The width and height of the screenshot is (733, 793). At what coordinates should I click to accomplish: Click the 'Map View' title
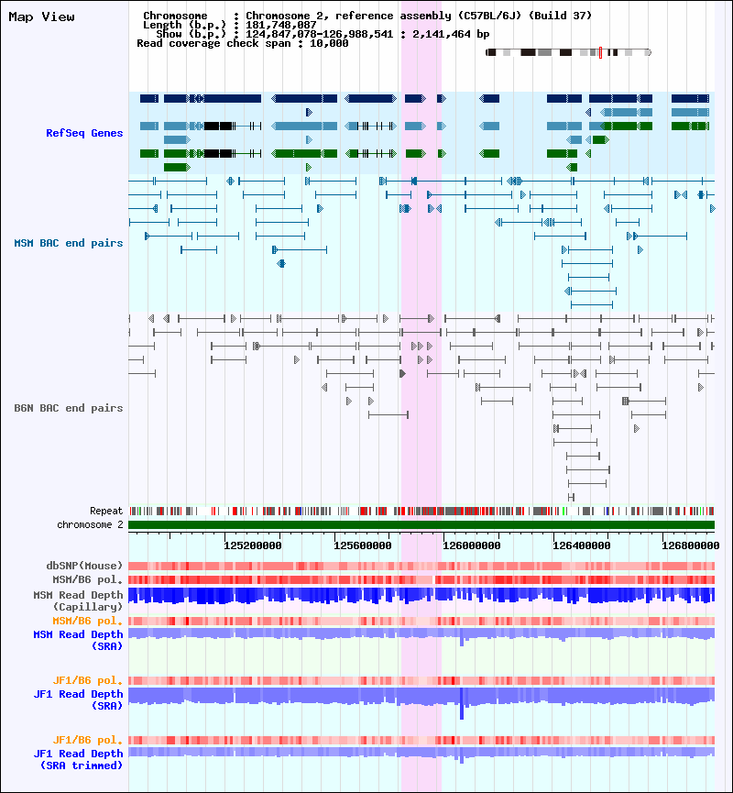click(42, 17)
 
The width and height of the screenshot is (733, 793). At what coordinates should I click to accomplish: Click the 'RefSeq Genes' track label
click(84, 133)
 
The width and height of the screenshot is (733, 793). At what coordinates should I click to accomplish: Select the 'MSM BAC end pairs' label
click(69, 243)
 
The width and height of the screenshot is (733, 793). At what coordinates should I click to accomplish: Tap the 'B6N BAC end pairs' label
click(69, 408)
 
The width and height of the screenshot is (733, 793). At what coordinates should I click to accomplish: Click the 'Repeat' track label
click(106, 511)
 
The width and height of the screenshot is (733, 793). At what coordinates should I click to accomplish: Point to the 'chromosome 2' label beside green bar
click(90, 524)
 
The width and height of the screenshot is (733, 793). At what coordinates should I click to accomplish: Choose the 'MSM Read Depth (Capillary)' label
click(78, 600)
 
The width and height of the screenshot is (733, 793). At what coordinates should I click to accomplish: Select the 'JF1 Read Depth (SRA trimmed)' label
click(78, 758)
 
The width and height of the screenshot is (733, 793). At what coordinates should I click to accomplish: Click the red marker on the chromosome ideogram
click(599, 52)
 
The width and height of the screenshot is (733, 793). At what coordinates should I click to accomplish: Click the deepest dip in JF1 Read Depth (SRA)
click(462, 713)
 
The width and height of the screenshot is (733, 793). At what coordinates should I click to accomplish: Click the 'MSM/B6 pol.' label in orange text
click(88, 621)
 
